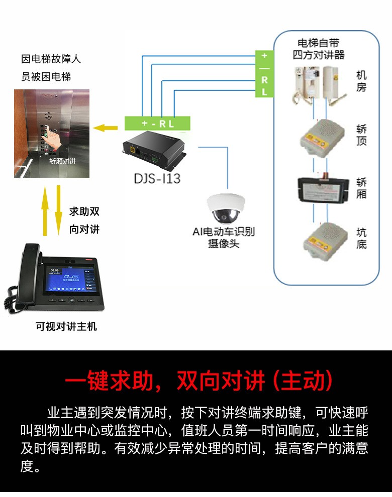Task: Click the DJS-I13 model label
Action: [x=157, y=178]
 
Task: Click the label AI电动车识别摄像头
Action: [x=224, y=237]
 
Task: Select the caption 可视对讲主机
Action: [x=66, y=327]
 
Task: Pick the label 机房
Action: [x=361, y=81]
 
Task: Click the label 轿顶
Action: [x=361, y=135]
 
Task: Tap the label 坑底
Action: [x=361, y=238]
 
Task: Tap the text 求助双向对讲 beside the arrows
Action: [x=84, y=220]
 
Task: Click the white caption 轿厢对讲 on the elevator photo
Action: [x=62, y=162]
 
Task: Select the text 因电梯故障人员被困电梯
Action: [x=51, y=68]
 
